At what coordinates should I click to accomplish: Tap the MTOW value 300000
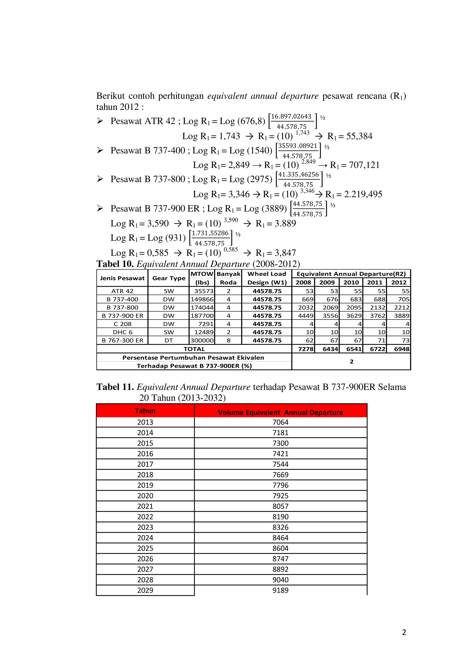click(202, 341)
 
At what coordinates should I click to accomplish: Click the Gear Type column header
click(169, 278)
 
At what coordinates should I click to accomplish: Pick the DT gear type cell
click(169, 341)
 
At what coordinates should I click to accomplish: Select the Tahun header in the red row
click(145, 411)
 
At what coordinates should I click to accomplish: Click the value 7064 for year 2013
click(280, 422)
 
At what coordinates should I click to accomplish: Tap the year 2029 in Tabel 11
click(145, 590)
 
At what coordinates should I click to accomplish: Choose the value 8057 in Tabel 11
click(280, 506)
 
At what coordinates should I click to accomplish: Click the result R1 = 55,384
click(350, 136)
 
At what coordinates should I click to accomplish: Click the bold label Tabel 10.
click(115, 264)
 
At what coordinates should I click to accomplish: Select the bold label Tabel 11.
click(115, 387)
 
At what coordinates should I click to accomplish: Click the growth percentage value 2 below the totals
click(351, 362)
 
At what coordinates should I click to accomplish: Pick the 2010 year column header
click(351, 282)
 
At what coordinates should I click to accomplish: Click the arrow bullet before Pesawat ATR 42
click(100, 121)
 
